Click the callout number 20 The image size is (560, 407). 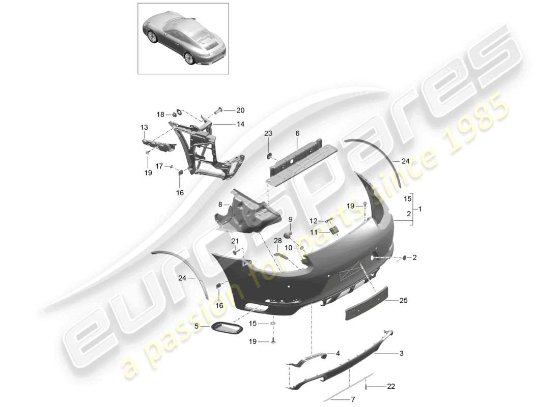240,110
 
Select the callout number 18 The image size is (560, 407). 160,115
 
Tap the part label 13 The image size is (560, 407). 144,127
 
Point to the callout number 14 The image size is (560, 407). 240,124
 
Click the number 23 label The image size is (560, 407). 268,133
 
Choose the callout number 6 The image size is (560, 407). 297,133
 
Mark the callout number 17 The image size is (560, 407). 159,166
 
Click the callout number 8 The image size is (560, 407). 220,204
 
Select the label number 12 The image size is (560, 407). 313,221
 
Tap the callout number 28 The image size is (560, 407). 277,240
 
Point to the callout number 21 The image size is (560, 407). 235,241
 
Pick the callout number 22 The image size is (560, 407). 390,387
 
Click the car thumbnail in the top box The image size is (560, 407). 183,38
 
